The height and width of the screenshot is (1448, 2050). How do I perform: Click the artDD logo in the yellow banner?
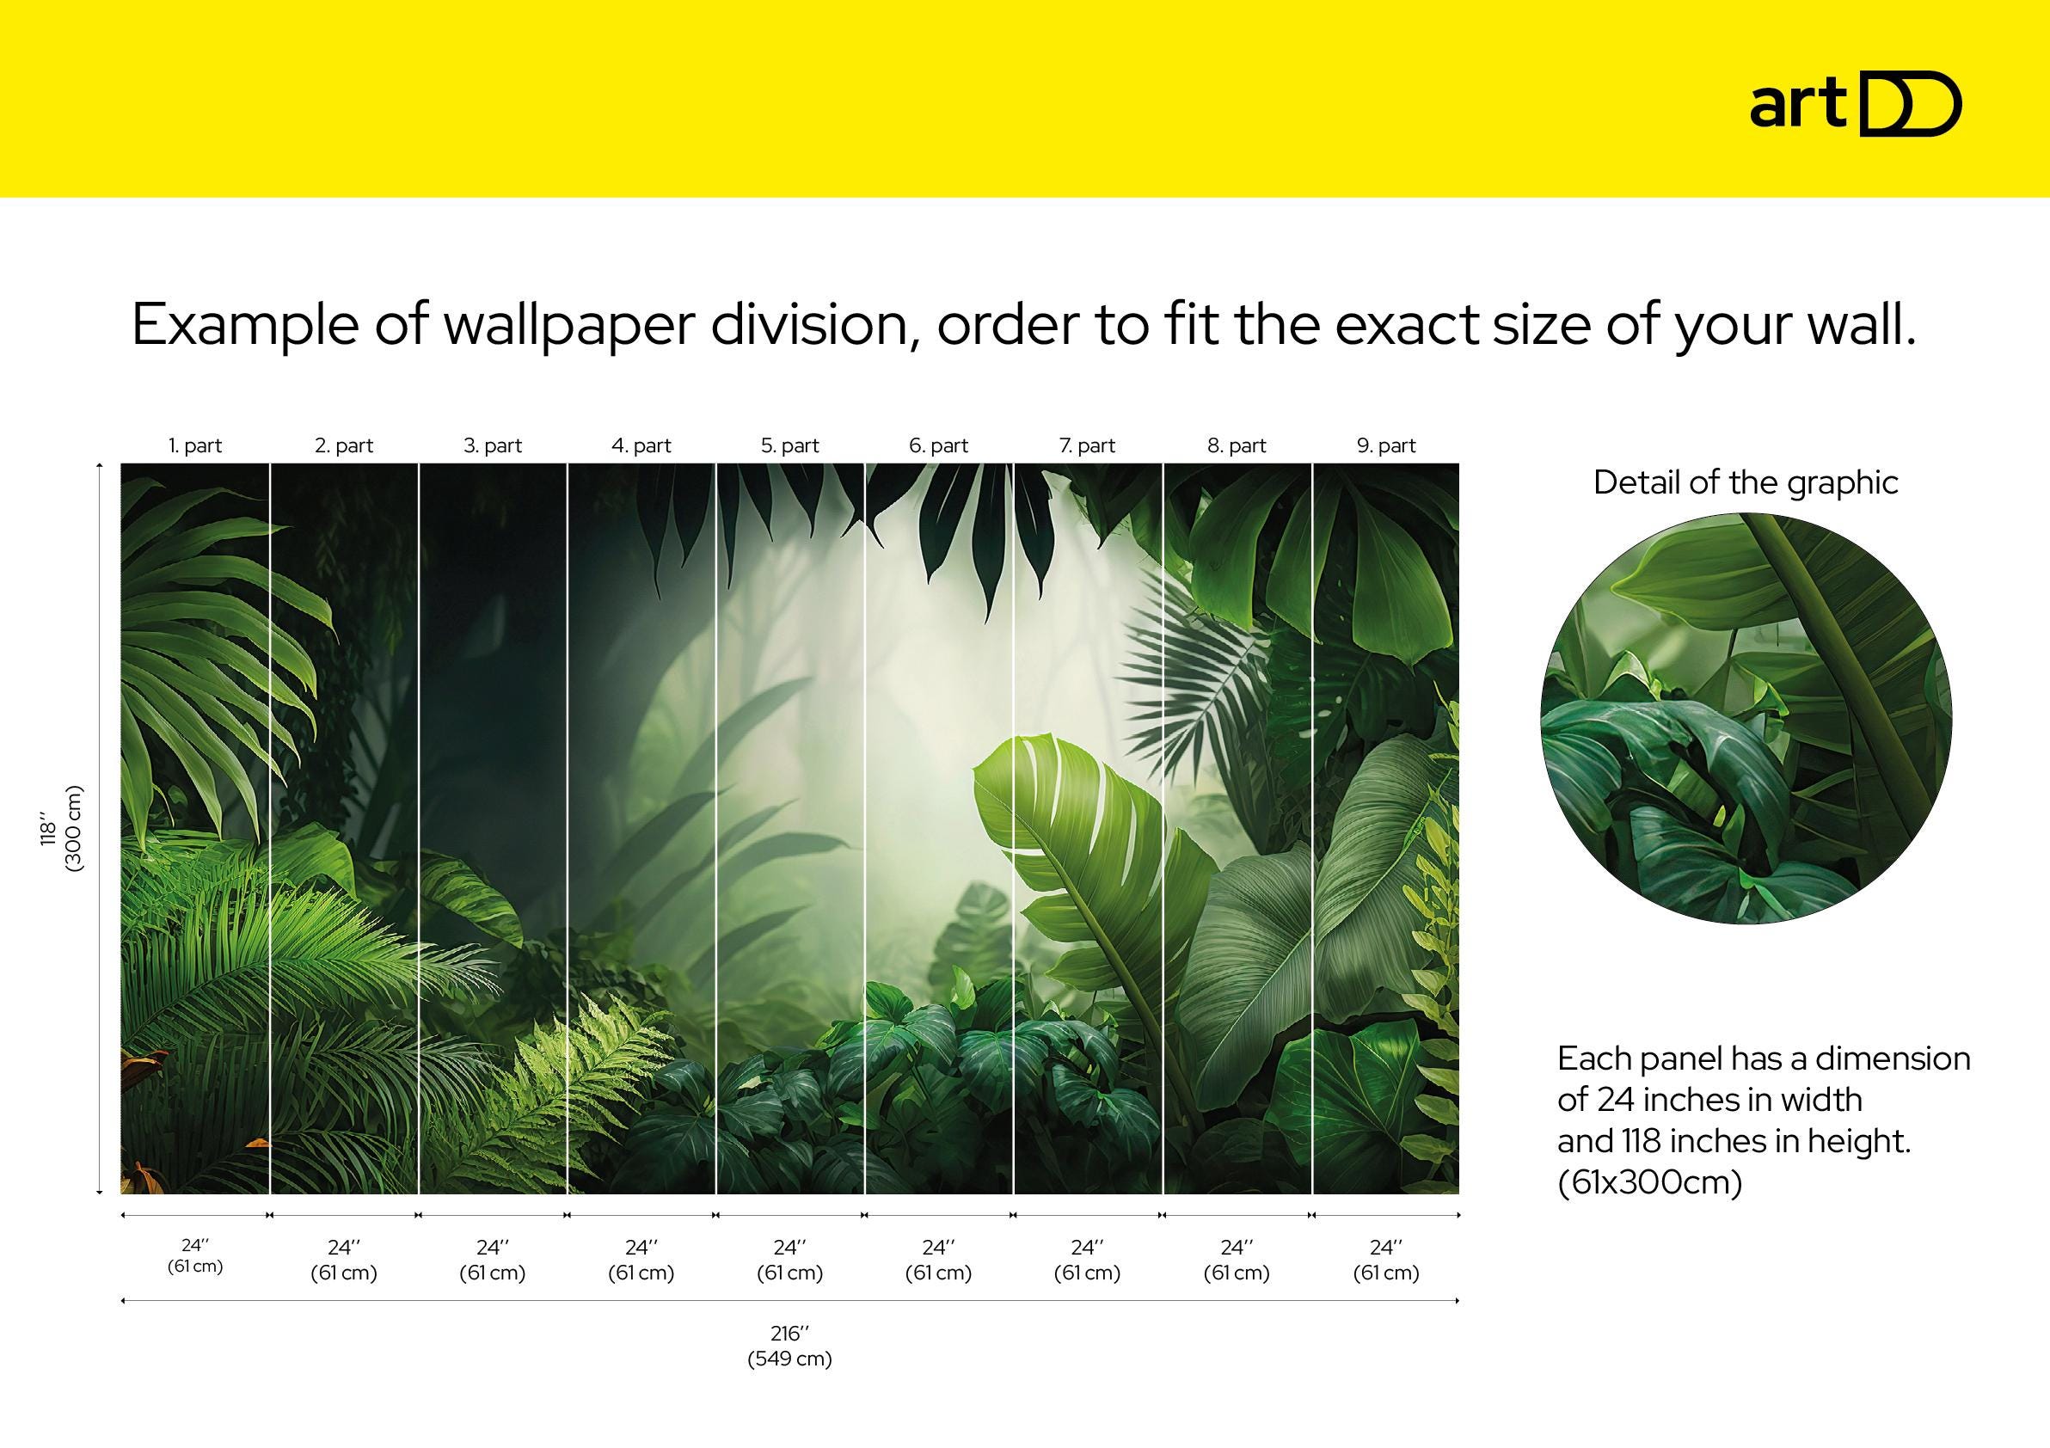pos(1855,106)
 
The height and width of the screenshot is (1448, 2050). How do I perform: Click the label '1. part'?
pos(194,445)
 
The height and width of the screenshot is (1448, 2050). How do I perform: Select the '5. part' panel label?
pos(789,445)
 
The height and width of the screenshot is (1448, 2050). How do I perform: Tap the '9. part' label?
pos(1385,445)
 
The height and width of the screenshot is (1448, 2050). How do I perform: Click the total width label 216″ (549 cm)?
pos(789,1346)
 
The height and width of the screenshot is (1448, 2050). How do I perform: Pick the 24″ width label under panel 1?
pos(194,1255)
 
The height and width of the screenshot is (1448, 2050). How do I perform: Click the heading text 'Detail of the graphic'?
pos(1746,483)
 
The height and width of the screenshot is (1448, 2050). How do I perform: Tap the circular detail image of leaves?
pos(1746,719)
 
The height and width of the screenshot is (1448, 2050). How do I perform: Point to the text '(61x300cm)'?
pos(1649,1183)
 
